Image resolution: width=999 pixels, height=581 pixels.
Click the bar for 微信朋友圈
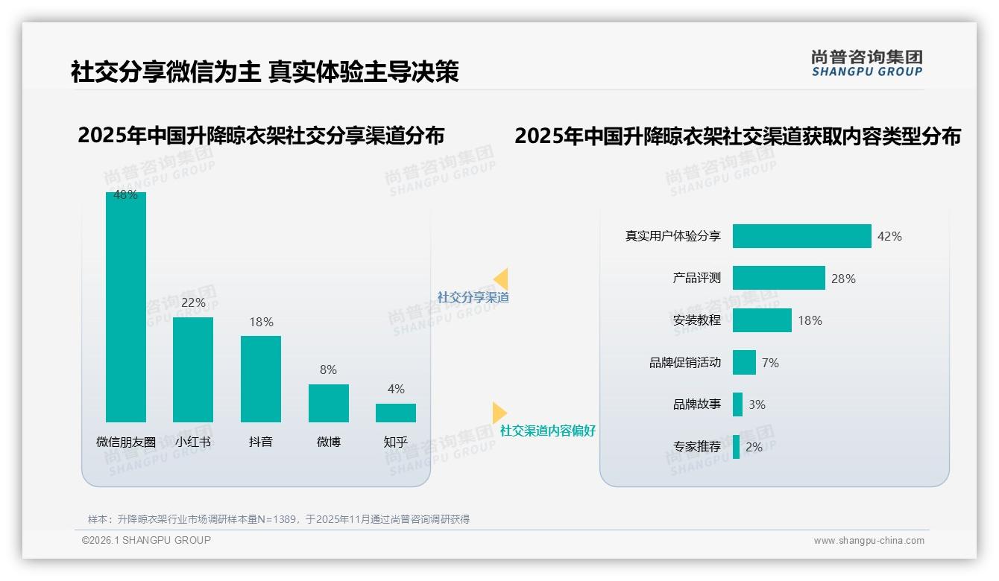coord(126,307)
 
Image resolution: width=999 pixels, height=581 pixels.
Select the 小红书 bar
coord(193,369)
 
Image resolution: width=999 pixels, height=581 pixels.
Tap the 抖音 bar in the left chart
coord(261,379)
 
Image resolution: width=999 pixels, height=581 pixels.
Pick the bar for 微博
coord(329,403)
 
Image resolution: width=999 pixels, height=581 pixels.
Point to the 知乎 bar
coord(396,413)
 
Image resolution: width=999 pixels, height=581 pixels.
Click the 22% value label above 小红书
coord(193,302)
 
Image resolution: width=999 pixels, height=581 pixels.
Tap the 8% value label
coord(328,369)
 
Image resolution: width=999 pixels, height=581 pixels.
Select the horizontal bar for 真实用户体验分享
coord(801,236)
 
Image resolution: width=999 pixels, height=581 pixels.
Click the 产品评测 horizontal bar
coord(778,278)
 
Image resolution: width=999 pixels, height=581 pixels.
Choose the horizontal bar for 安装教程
coord(762,320)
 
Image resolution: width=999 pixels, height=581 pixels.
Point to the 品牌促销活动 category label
coord(685,363)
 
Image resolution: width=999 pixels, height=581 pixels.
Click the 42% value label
coord(889,236)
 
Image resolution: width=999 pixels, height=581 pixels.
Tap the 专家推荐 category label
coord(697,447)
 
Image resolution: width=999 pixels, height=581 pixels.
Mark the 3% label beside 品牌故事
coord(757,404)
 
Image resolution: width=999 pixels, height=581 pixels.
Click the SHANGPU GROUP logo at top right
coord(866,63)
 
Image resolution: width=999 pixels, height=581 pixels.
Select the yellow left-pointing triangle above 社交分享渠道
coord(501,279)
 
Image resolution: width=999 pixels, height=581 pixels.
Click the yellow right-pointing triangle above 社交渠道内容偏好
coord(499,413)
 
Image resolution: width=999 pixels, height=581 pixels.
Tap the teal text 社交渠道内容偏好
coord(547,431)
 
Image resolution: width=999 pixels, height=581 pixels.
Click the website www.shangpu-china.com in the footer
coord(869,541)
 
